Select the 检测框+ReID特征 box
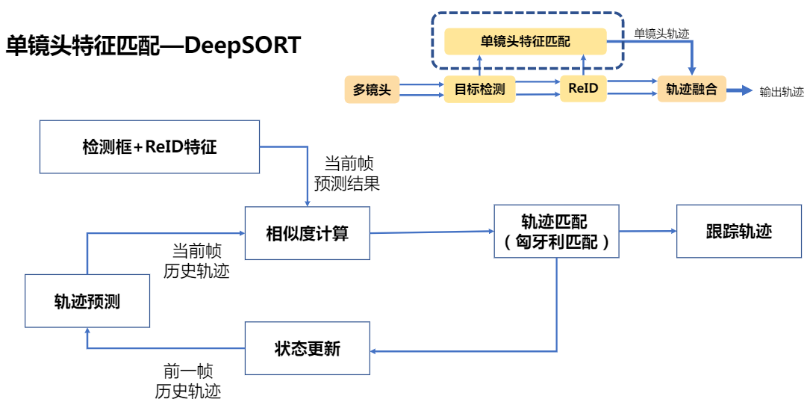[x=149, y=146]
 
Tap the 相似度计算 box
[x=308, y=233]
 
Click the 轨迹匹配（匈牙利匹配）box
[x=556, y=232]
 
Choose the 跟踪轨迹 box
[x=738, y=231]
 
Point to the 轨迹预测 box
[x=87, y=301]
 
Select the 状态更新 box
[x=308, y=348]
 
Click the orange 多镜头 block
[x=372, y=90]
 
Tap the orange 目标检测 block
[x=479, y=90]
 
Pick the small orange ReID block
[x=583, y=89]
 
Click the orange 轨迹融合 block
[x=691, y=90]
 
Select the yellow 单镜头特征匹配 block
[x=525, y=42]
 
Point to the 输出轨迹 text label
[x=782, y=92]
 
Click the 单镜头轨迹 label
[x=661, y=33]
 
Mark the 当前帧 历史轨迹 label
[x=196, y=261]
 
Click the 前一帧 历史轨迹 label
[x=188, y=380]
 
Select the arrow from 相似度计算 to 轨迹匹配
[x=432, y=232]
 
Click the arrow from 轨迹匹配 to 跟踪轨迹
[x=647, y=232]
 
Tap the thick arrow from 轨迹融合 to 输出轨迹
[x=739, y=90]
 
